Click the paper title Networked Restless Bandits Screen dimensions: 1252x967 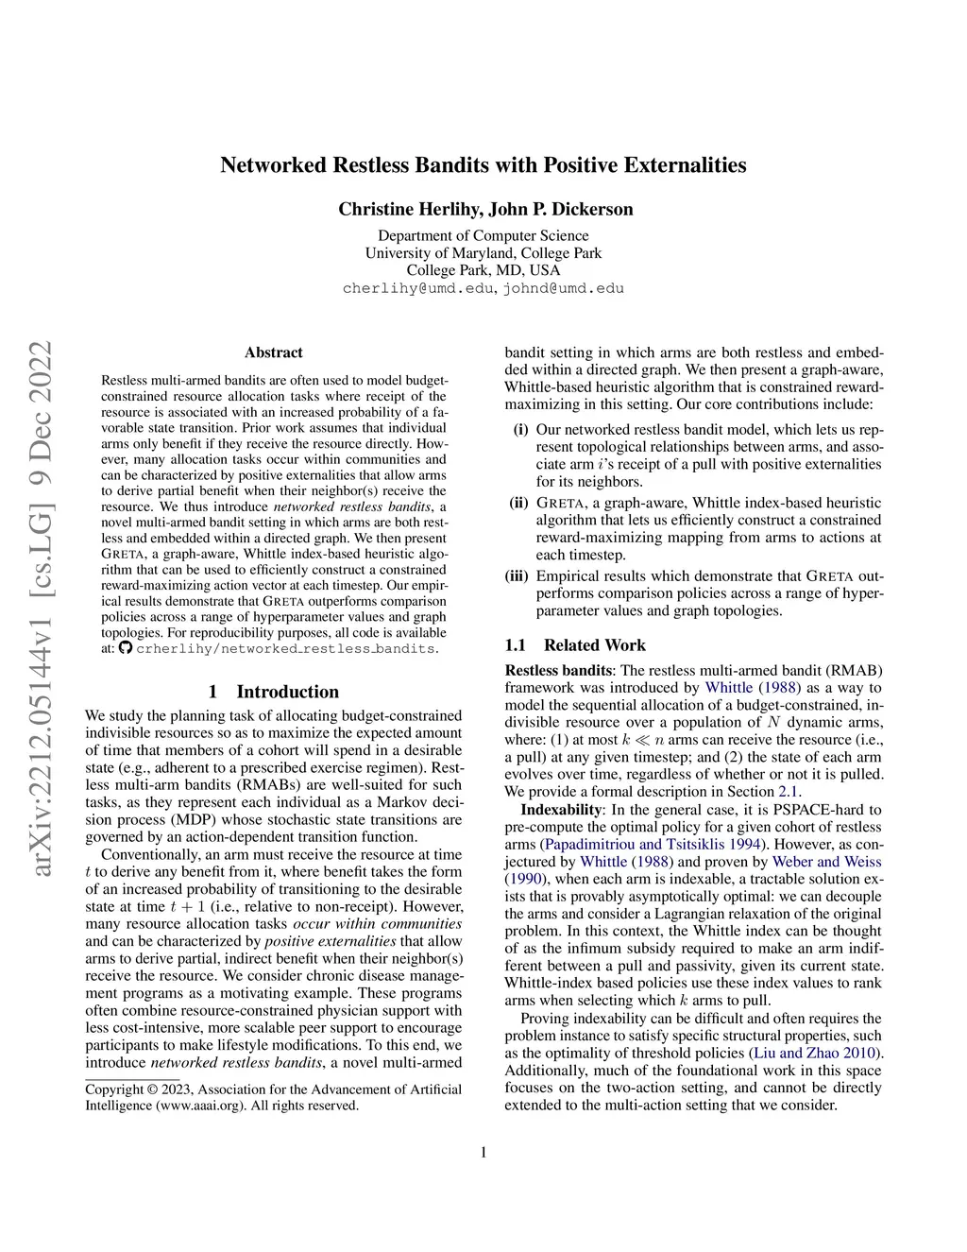[483, 165]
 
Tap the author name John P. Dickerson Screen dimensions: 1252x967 [561, 209]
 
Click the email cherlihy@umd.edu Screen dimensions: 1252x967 [417, 288]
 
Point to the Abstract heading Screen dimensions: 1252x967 [274, 352]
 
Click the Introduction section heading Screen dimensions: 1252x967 [274, 692]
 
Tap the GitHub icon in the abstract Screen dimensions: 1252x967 [126, 648]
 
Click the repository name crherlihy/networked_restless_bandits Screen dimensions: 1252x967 [286, 649]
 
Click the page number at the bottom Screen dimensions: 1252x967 [483, 1152]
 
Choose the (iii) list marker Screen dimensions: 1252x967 [517, 576]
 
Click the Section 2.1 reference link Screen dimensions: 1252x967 [789, 792]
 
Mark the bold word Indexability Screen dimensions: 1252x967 [561, 810]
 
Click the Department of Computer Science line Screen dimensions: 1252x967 [483, 236]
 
